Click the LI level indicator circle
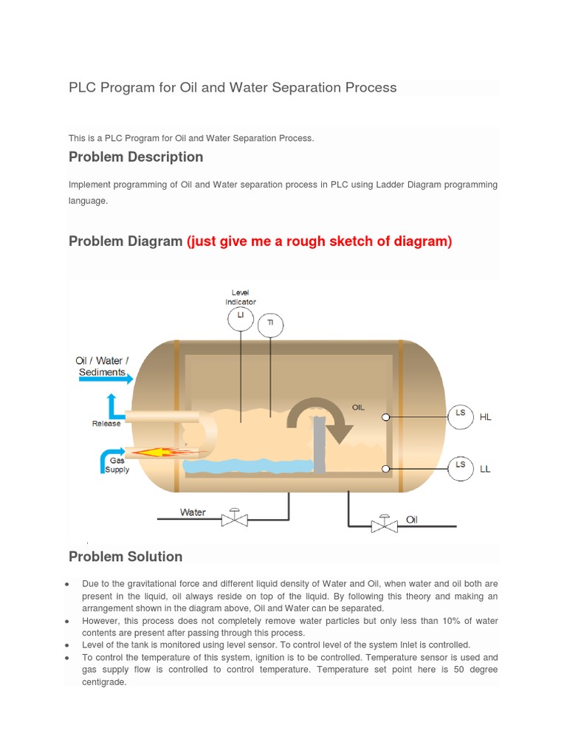[x=240, y=318]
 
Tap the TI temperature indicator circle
[x=271, y=324]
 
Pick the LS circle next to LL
[x=461, y=468]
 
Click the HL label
[x=485, y=417]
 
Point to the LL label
[x=485, y=469]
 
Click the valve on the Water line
[x=234, y=518]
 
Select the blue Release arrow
[x=113, y=407]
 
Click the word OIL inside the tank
[x=357, y=407]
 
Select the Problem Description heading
[x=136, y=157]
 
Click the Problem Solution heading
[x=126, y=557]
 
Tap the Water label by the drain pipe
[x=193, y=512]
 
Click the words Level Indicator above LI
[x=241, y=298]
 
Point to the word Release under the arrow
[x=106, y=424]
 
